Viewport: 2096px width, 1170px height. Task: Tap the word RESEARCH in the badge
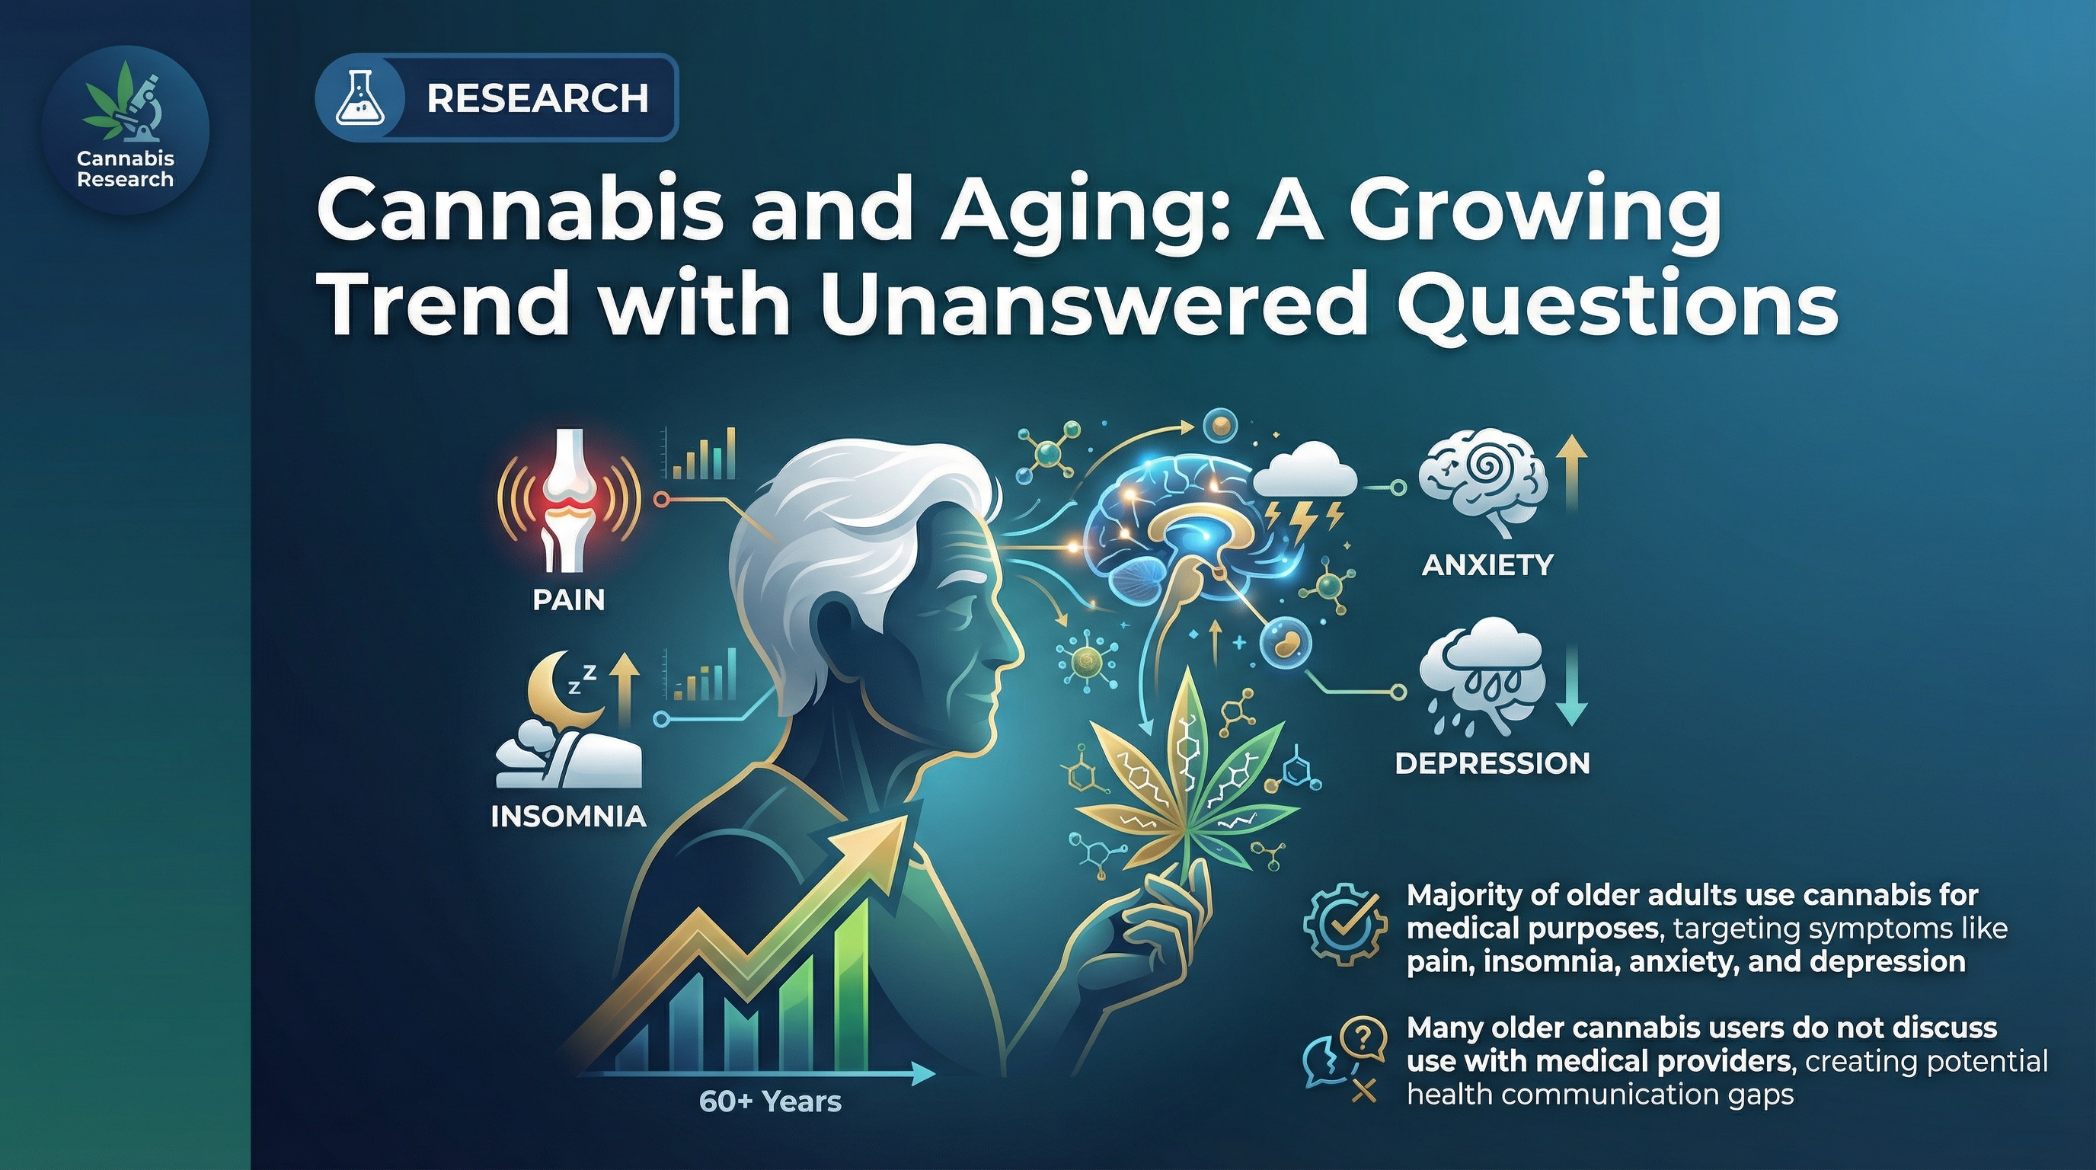(x=537, y=98)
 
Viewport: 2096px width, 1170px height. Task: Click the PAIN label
(x=569, y=600)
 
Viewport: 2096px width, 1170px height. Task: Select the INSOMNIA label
(x=569, y=817)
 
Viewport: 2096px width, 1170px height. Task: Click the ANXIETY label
(x=1487, y=564)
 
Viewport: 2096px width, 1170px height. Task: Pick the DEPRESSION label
(x=1492, y=763)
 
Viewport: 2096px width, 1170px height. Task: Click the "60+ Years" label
(x=770, y=1101)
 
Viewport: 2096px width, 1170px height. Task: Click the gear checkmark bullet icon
(x=1344, y=928)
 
